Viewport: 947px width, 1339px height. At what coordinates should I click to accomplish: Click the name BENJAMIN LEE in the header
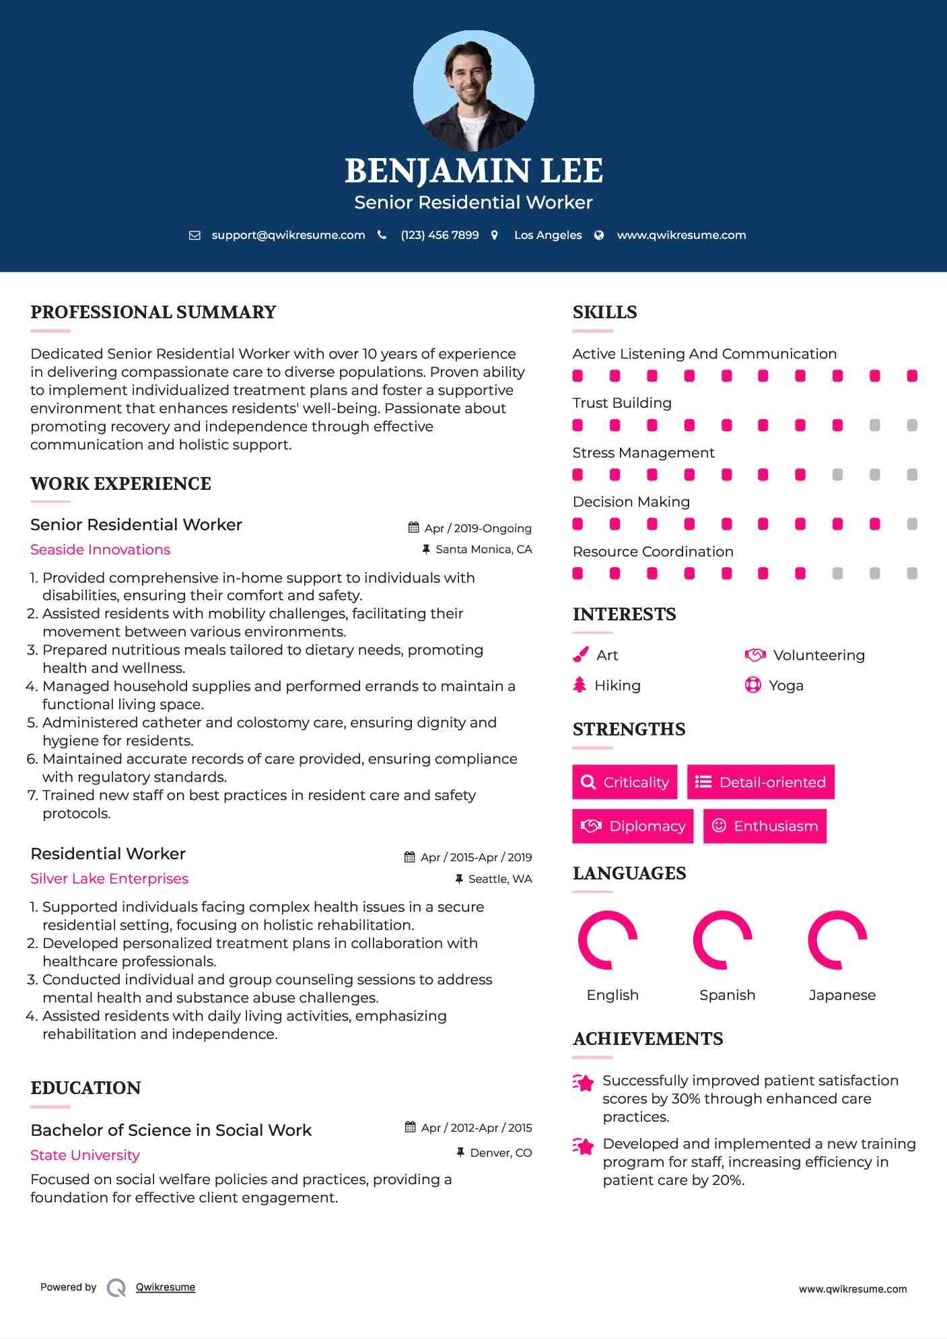coord(473,171)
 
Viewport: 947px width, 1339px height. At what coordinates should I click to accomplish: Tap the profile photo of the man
coord(473,90)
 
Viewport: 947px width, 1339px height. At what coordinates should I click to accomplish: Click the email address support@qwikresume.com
coord(288,235)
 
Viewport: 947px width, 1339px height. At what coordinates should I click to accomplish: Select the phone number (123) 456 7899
coord(440,235)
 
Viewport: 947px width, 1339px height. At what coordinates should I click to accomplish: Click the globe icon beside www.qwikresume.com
coord(599,235)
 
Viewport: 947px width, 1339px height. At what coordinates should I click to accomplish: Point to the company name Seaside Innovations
coord(100,550)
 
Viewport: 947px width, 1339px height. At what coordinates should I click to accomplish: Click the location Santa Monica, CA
coord(483,549)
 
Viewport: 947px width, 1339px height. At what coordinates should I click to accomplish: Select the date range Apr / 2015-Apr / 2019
coord(475,857)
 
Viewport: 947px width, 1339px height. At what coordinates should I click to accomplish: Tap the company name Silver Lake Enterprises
coord(109,879)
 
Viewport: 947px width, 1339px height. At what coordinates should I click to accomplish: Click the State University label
coord(85,1155)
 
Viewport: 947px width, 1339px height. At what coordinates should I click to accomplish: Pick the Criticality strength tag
coord(625,782)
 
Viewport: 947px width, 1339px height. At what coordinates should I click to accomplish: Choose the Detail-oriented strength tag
coord(761,782)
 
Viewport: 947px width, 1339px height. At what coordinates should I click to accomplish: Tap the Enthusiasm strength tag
coord(765,826)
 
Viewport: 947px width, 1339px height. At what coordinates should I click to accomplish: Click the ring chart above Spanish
coord(723,940)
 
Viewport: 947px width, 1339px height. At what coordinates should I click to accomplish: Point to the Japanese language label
coord(842,995)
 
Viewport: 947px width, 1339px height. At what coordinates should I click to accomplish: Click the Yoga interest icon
coord(752,685)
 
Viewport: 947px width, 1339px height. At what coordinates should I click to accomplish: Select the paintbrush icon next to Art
coord(580,655)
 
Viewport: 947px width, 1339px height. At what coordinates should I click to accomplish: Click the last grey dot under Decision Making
coord(912,524)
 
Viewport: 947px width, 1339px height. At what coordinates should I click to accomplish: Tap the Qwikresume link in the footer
coord(166,1287)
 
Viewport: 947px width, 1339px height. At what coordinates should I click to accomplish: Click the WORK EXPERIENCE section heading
coord(120,484)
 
